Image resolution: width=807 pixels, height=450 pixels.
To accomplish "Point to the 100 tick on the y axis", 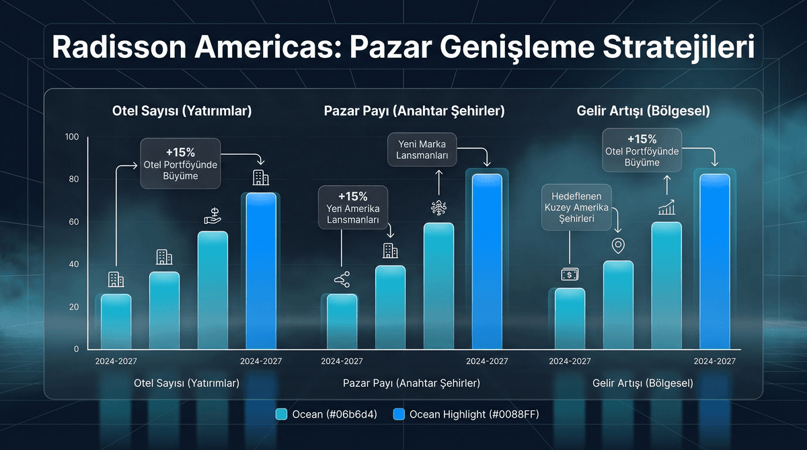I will pos(72,137).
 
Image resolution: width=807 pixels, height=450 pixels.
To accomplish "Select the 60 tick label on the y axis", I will pos(73,222).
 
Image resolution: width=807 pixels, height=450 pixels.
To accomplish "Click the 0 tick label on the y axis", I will pos(76,348).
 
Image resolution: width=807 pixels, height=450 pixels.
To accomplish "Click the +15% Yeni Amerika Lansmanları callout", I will pos(352,208).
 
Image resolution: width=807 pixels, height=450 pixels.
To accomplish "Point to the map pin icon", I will pos(617,246).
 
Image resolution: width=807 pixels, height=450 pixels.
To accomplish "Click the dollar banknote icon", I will pos(570,274).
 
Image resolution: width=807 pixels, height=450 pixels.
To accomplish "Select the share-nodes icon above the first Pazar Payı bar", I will pos(342,279).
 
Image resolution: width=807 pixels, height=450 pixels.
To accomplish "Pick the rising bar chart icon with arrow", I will pos(666,207).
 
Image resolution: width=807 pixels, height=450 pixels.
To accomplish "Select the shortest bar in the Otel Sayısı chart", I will pos(116,322).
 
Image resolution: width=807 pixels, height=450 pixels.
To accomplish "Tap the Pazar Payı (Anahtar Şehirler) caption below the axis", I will pos(411,383).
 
